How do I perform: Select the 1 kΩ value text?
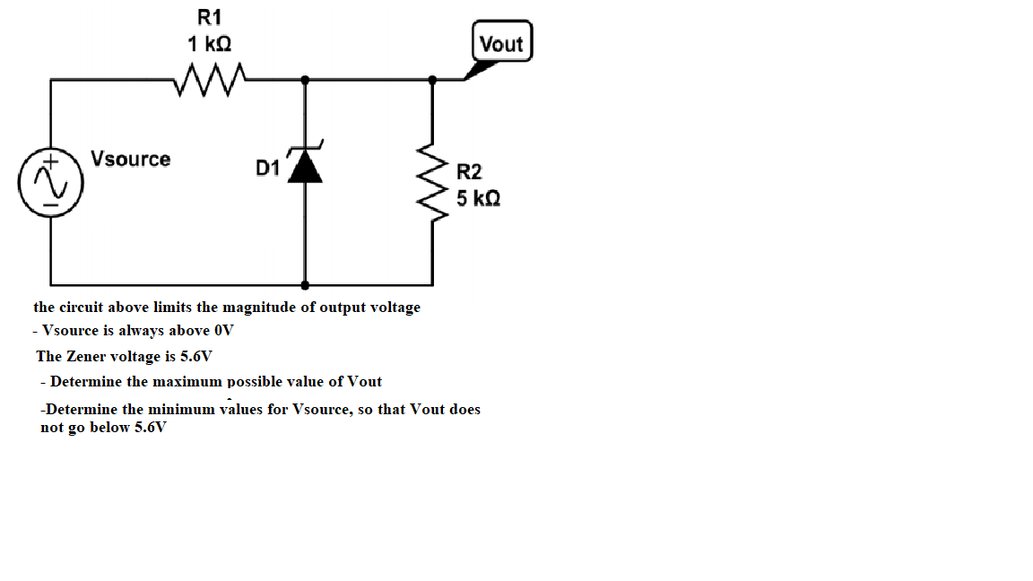click(x=212, y=43)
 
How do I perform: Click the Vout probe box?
click(x=501, y=43)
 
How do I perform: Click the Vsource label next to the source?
click(x=131, y=159)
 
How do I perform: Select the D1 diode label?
click(x=267, y=168)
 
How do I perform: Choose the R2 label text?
click(x=469, y=171)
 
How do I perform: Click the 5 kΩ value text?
click(x=478, y=197)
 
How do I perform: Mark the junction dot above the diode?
click(x=305, y=80)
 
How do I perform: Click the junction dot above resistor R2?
click(x=433, y=80)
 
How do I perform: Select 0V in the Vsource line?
click(x=223, y=330)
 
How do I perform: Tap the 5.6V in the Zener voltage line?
click(x=196, y=356)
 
